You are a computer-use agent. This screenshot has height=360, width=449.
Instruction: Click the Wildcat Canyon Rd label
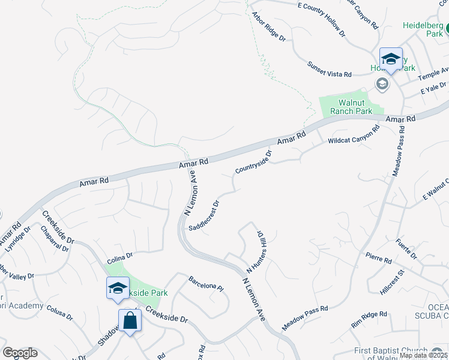[354, 135]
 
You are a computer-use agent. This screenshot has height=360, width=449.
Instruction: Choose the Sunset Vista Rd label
[329, 70]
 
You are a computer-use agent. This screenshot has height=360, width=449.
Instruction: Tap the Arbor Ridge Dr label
[268, 26]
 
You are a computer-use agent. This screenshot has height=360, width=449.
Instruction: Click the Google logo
[20, 353]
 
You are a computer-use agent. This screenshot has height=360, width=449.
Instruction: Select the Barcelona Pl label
[206, 284]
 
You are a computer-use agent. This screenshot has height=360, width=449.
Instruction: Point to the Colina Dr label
[119, 260]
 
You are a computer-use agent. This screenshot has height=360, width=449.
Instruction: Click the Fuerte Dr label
[406, 249]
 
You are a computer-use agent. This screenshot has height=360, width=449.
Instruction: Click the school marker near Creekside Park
[118, 288]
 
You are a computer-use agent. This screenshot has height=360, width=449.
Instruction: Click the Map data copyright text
[424, 355]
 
